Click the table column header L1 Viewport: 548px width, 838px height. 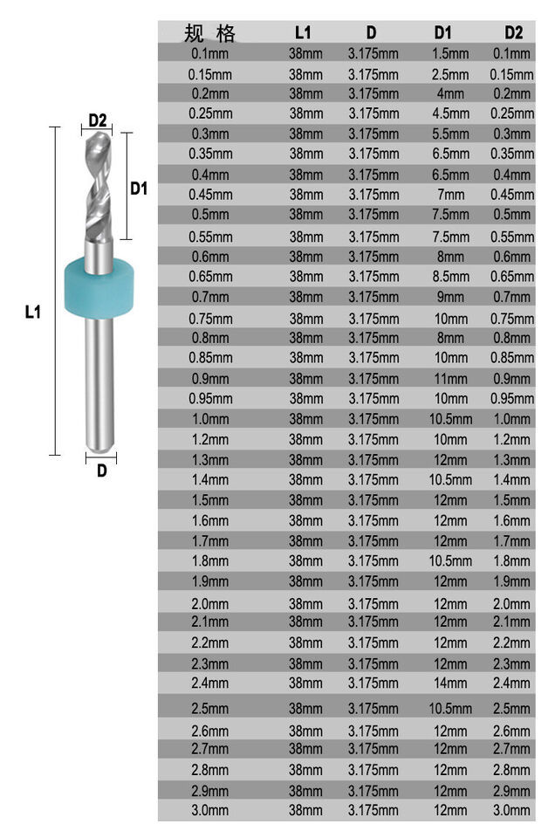tap(303, 32)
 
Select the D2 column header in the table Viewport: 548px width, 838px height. tap(513, 32)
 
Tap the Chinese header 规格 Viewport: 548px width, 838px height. tap(209, 33)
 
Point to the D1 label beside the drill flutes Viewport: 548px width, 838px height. tap(139, 189)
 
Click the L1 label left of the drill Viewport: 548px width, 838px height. tap(33, 312)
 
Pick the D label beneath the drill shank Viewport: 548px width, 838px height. tap(101, 471)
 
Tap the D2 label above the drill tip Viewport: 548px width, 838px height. tap(98, 120)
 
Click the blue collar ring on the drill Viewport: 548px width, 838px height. tap(99, 288)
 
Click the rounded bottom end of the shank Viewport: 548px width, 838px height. tap(99, 446)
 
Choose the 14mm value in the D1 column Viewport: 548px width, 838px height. tap(450, 683)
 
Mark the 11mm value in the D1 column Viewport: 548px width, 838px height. tap(450, 379)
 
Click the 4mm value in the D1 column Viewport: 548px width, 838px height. tap(450, 93)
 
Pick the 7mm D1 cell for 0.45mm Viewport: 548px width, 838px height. tap(450, 195)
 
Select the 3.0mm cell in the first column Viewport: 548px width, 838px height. tap(210, 810)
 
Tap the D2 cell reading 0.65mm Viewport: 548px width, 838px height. tap(512, 277)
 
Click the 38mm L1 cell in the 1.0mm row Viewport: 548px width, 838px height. tap(305, 419)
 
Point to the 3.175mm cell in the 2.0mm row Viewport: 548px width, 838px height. tap(373, 604)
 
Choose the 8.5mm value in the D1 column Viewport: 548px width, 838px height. tap(450, 277)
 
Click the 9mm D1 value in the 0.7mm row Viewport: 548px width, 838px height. tap(450, 297)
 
